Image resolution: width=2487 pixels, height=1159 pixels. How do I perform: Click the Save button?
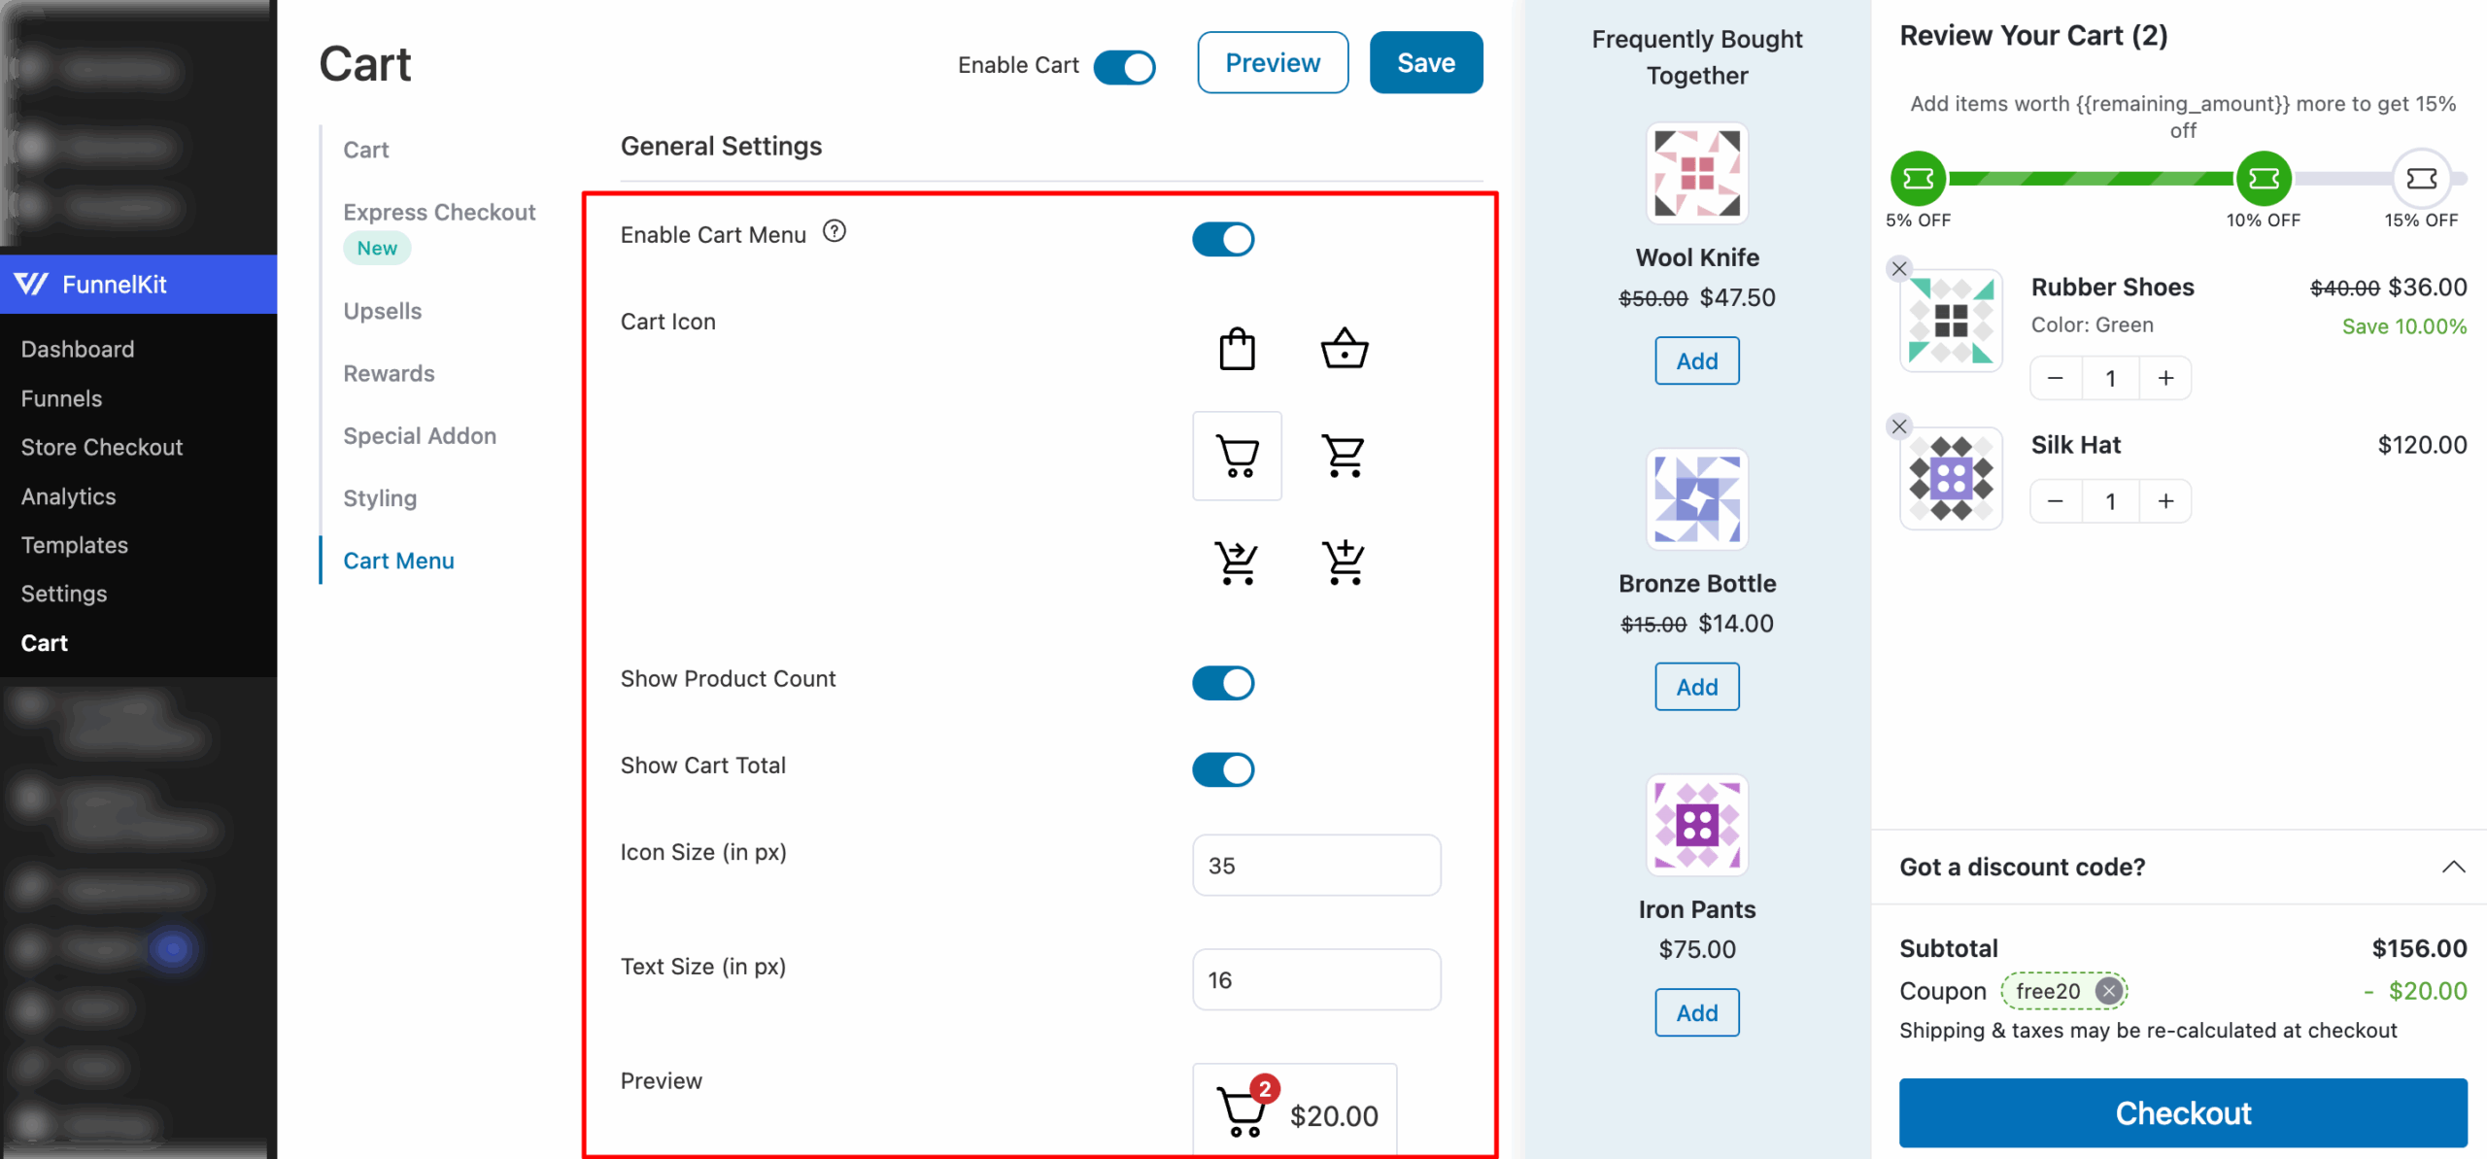click(x=1425, y=63)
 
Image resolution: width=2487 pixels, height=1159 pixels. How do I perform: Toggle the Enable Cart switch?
click(x=1124, y=67)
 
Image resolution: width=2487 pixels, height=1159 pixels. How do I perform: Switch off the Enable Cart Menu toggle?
click(x=1223, y=239)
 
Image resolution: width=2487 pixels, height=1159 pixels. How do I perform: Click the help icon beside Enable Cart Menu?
click(x=834, y=231)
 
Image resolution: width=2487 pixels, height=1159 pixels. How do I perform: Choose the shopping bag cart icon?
click(x=1237, y=349)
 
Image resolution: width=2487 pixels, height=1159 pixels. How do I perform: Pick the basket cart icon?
click(x=1344, y=349)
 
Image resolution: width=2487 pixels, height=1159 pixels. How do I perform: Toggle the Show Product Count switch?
click(x=1223, y=683)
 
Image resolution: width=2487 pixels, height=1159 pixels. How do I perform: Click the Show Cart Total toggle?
click(x=1223, y=769)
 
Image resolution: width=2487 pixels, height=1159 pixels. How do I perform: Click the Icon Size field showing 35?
click(x=1315, y=865)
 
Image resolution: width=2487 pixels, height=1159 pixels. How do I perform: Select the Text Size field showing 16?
click(x=1315, y=979)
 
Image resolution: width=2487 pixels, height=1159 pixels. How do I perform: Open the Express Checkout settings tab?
click(x=439, y=213)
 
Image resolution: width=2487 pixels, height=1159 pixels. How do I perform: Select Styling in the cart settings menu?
click(x=380, y=498)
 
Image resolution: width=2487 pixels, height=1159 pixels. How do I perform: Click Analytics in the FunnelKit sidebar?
click(x=69, y=496)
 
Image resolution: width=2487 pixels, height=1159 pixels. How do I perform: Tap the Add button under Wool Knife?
click(x=1696, y=361)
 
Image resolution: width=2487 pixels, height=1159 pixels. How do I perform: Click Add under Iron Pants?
click(x=1696, y=1012)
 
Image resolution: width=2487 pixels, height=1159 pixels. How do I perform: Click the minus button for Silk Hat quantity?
click(x=2055, y=501)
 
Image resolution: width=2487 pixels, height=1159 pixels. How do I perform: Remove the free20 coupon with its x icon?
click(x=2108, y=991)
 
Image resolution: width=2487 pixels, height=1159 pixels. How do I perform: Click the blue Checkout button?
click(x=2182, y=1112)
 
